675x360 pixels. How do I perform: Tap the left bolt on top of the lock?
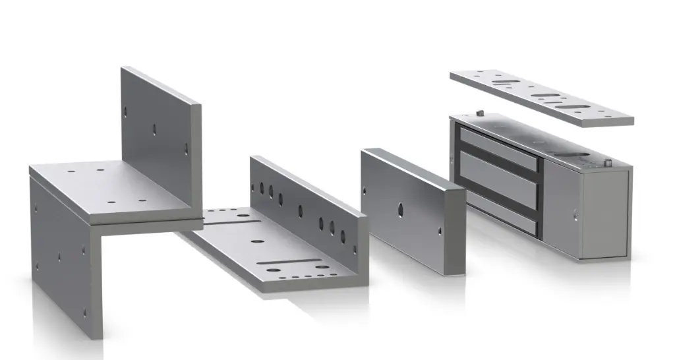click(x=481, y=113)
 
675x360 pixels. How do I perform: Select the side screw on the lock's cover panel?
click(x=575, y=213)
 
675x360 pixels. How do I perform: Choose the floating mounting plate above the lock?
click(x=541, y=98)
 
